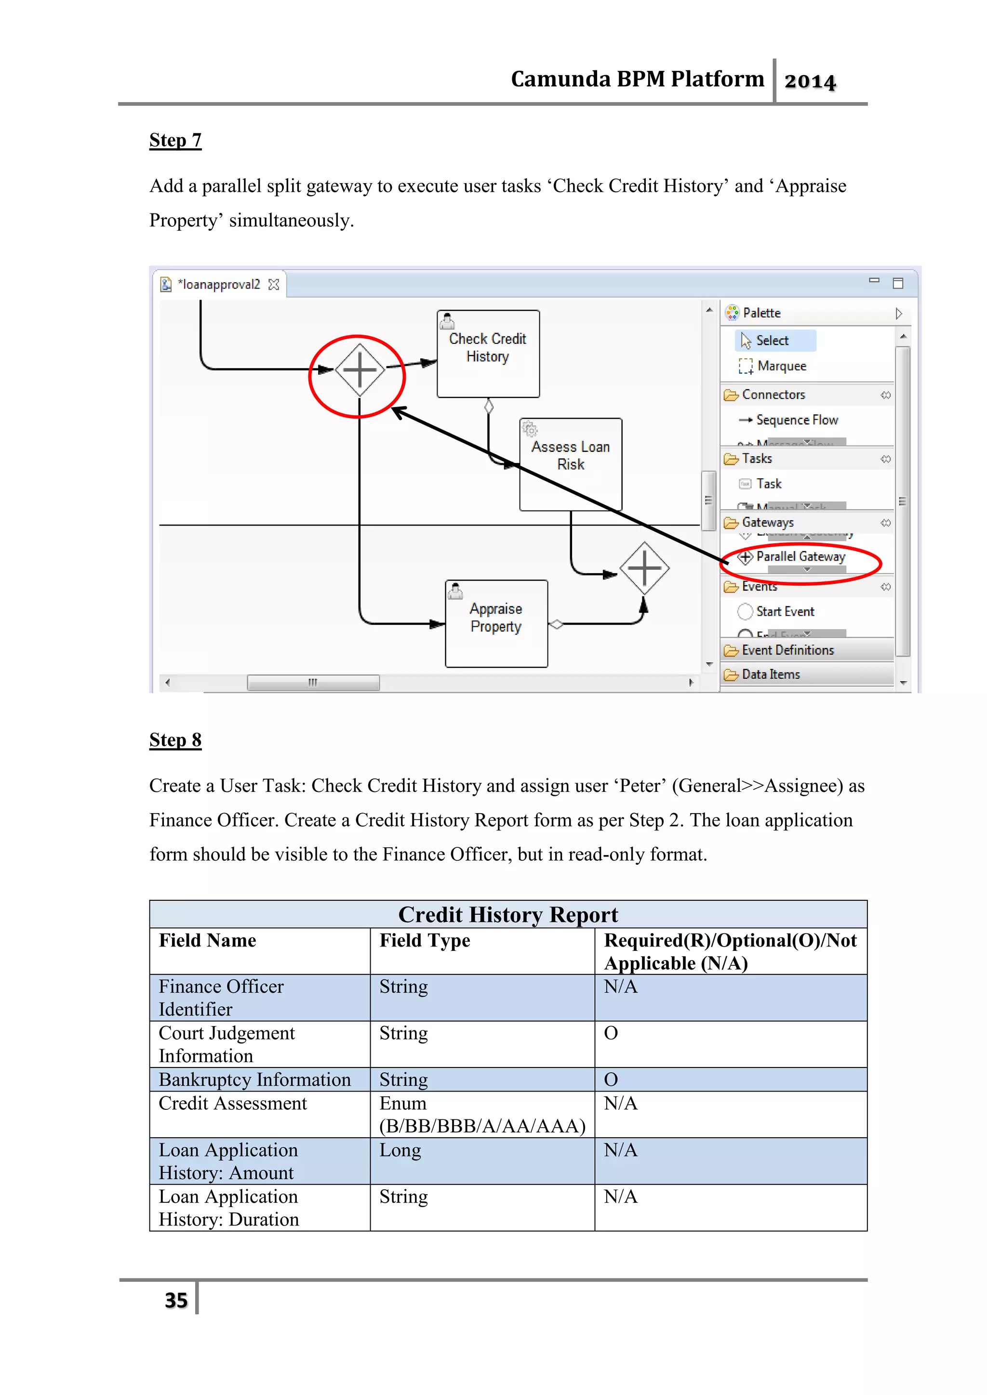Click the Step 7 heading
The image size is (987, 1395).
pos(175,140)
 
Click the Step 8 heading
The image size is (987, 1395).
pos(175,739)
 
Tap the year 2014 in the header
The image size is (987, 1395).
pos(810,81)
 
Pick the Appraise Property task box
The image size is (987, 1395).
pos(496,623)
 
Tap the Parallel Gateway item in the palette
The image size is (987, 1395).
pos(800,556)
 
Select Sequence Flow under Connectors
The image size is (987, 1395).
pos(796,420)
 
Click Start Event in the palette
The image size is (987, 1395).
pos(785,611)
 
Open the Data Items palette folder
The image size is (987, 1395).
pos(771,674)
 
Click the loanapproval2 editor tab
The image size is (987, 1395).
pos(219,284)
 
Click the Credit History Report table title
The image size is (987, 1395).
pos(508,914)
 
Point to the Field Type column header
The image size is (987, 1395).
pos(425,941)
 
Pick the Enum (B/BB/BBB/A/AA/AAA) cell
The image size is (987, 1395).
pos(481,1114)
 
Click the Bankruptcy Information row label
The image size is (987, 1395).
pos(254,1079)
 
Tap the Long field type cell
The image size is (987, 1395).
pos(400,1150)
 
